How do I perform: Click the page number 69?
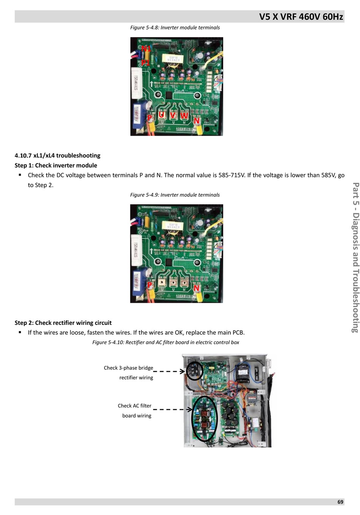tap(340, 502)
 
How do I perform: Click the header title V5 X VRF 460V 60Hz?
tap(301, 17)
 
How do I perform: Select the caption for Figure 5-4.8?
tap(175, 28)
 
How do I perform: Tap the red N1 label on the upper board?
tap(146, 49)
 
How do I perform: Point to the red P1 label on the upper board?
tap(146, 63)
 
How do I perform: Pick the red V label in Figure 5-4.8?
tap(173, 115)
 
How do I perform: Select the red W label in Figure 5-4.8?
tap(184, 115)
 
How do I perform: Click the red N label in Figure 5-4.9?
tap(196, 288)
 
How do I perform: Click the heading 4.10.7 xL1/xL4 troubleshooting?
tap(58, 155)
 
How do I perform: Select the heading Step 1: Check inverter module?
tap(56, 165)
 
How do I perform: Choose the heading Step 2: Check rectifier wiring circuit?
tap(63, 323)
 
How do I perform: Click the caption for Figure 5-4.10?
tap(166, 342)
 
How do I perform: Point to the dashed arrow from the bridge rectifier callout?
tap(169, 371)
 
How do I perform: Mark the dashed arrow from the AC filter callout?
tap(173, 409)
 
